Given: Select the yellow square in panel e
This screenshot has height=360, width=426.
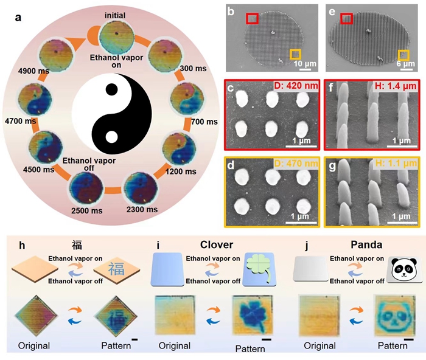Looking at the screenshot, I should click(402, 57).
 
